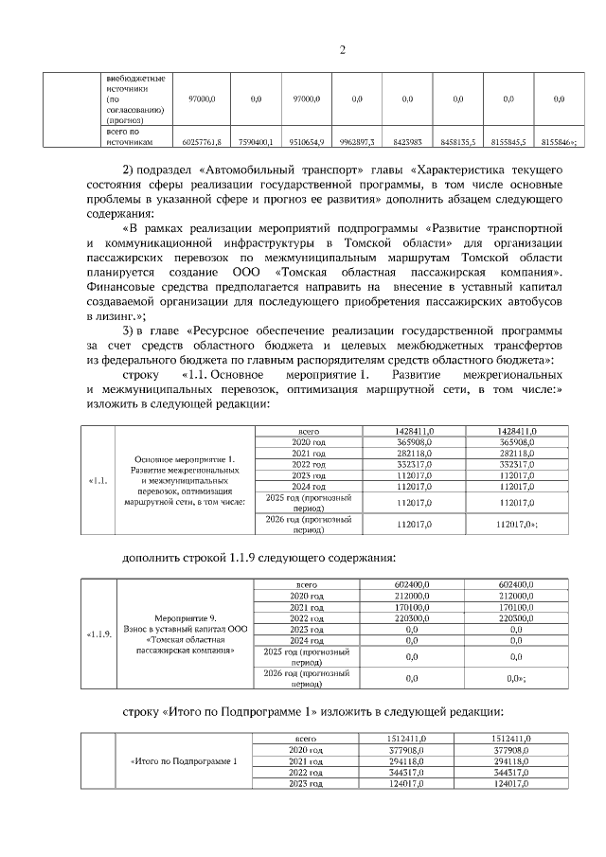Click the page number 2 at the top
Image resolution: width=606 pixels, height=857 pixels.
click(x=343, y=50)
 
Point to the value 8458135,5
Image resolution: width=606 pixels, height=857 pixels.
click(x=457, y=141)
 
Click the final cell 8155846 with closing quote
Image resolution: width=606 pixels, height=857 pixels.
click(x=560, y=141)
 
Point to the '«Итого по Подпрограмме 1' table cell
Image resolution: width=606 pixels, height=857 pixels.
click(x=184, y=761)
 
